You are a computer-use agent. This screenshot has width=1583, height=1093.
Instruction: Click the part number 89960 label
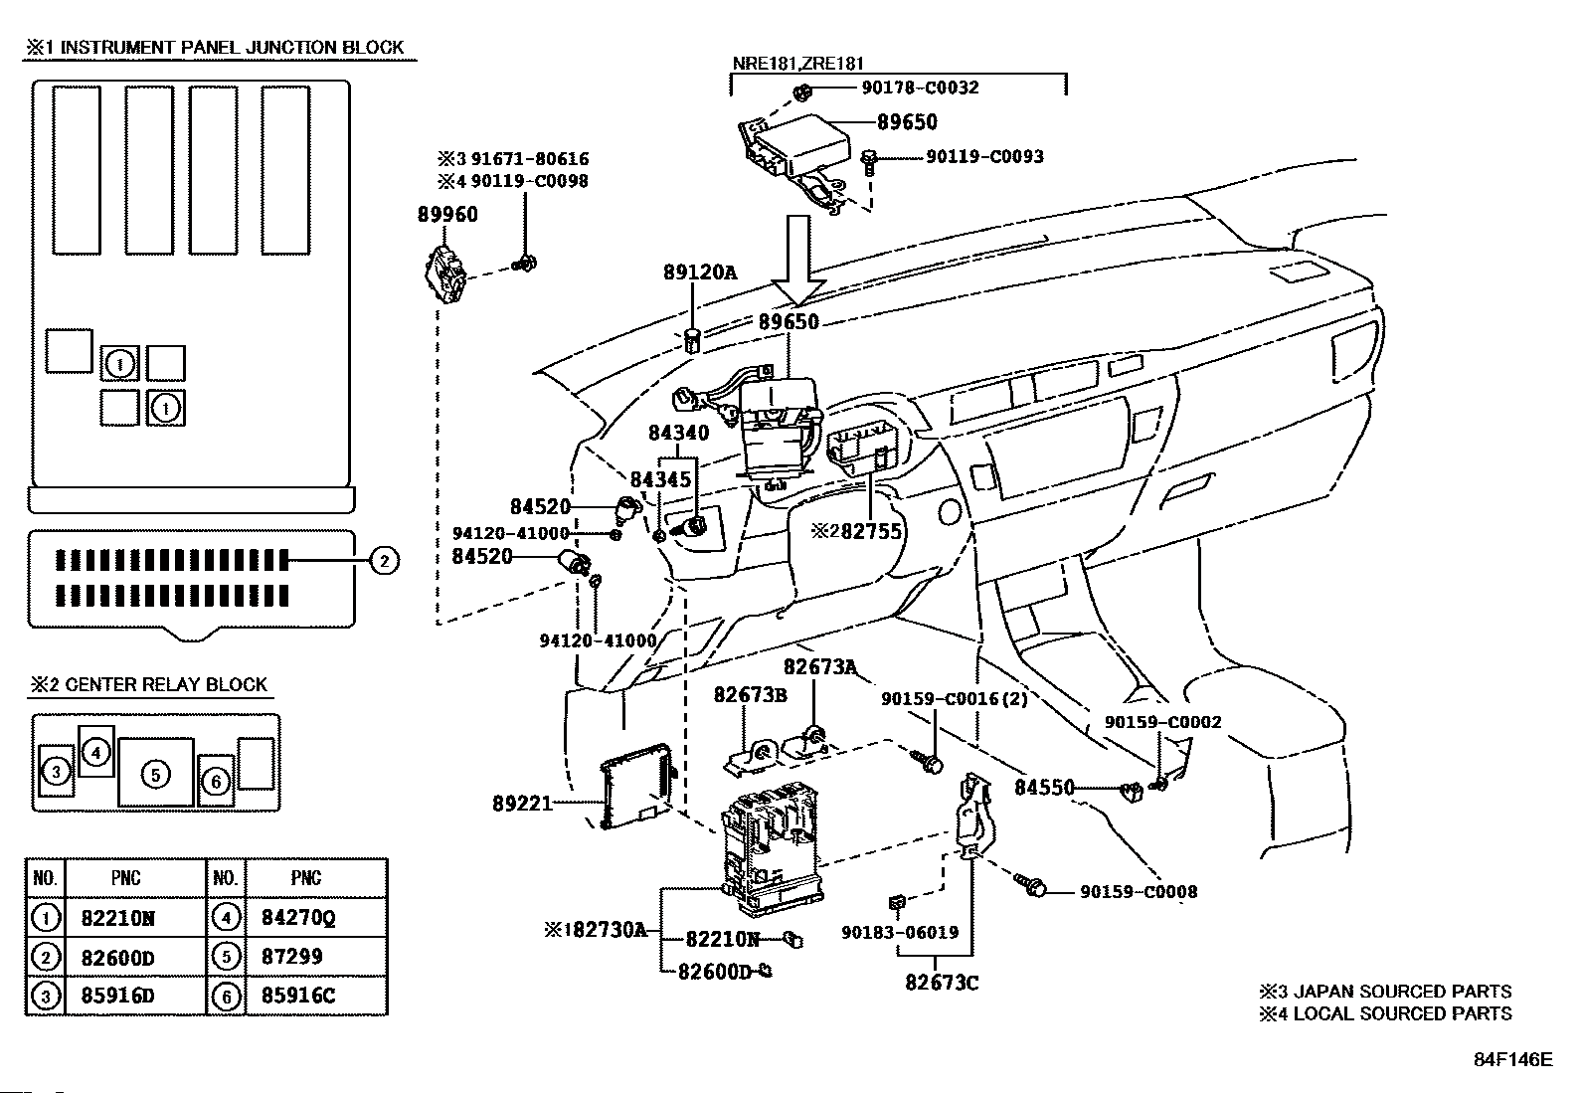[x=446, y=215]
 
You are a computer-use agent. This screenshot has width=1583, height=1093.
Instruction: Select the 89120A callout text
[x=700, y=272]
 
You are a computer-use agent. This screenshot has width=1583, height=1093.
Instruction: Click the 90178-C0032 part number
[x=919, y=88]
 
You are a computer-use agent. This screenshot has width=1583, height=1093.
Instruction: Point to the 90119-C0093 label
[x=984, y=156]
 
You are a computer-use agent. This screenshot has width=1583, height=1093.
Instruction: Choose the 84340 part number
[x=679, y=433]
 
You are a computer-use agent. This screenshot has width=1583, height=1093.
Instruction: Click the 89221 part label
[x=522, y=803]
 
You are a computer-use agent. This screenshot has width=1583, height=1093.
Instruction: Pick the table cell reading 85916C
[x=297, y=996]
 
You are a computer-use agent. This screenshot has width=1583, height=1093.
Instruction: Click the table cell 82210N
[x=117, y=919]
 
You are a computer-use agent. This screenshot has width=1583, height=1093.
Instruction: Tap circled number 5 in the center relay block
[x=156, y=773]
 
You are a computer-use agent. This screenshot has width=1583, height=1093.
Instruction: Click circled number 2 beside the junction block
[x=384, y=561]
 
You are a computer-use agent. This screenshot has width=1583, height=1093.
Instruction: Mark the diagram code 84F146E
[x=1511, y=1059]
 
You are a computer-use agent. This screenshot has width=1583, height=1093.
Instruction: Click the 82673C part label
[x=942, y=983]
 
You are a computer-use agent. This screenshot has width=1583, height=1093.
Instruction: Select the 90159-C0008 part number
[x=1139, y=892]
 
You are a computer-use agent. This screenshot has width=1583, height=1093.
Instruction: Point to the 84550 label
[x=1044, y=788]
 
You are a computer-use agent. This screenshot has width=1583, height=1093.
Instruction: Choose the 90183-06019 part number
[x=900, y=932]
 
